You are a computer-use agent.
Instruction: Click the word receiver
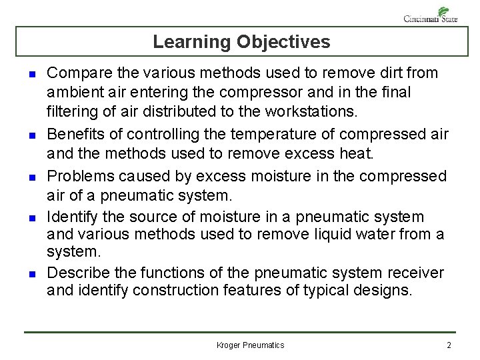click(x=419, y=273)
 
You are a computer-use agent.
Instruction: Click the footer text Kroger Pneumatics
click(x=251, y=345)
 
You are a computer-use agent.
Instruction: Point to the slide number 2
click(x=449, y=345)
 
